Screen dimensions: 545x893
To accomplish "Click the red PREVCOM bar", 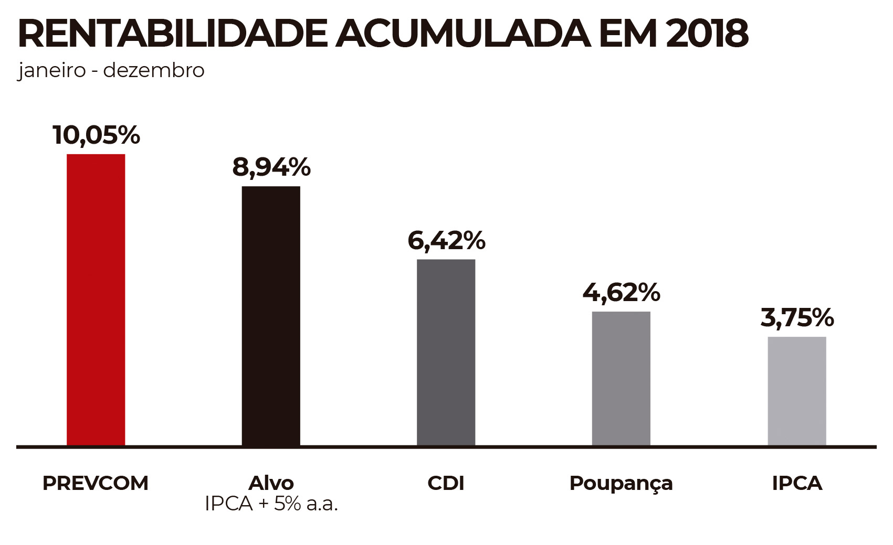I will [x=96, y=300].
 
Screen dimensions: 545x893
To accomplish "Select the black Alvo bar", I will [x=271, y=316].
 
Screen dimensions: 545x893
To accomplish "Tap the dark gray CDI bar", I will [x=446, y=352].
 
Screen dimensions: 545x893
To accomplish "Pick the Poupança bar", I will [x=621, y=378].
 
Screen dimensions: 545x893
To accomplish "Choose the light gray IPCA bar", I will [x=796, y=391].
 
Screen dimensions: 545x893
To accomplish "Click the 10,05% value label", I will [x=97, y=135].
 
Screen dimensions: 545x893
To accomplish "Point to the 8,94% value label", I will [x=271, y=167].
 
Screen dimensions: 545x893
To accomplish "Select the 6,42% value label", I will [x=446, y=240].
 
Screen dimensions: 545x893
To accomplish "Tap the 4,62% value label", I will [x=621, y=292].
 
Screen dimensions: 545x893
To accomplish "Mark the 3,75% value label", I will [x=797, y=317].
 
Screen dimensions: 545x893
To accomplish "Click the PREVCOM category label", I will [x=96, y=483].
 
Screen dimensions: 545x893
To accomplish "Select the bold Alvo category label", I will [x=271, y=483].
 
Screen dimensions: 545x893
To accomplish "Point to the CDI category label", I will [x=446, y=483].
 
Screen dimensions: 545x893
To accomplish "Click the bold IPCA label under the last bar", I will [x=797, y=483].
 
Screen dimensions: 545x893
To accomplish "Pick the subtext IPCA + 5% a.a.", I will [x=271, y=504].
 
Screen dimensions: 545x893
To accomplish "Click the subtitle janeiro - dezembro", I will [x=111, y=70].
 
